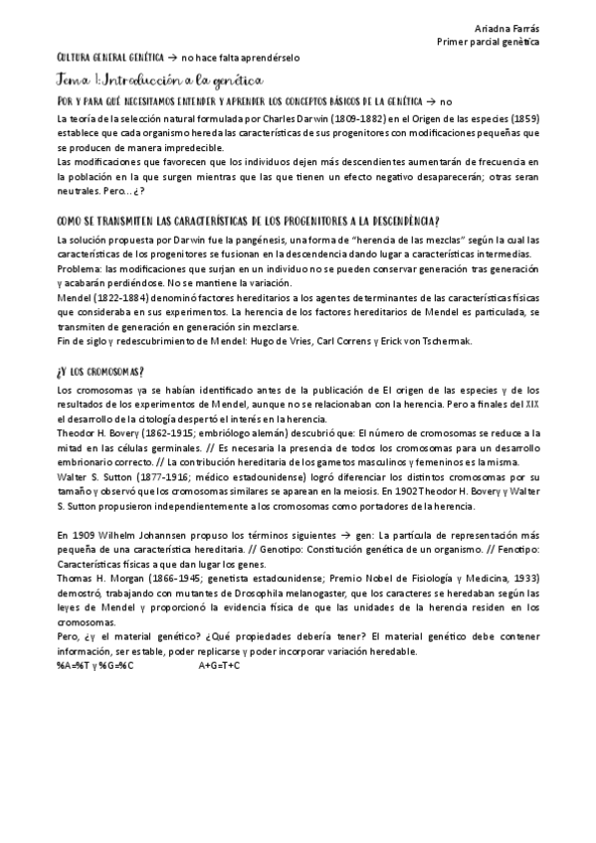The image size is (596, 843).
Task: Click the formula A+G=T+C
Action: pyautogui.click(x=220, y=663)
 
